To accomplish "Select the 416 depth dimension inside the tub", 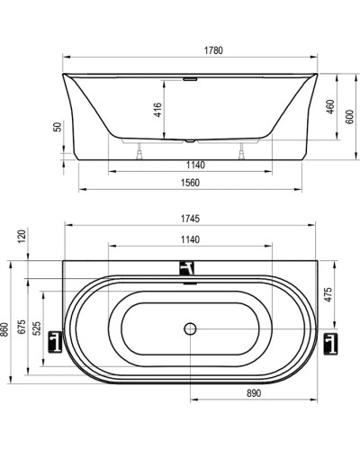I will pyautogui.click(x=158, y=112).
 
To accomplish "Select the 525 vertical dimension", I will pyautogui.click(x=37, y=330).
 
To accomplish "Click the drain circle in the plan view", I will pyautogui.click(x=190, y=330).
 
